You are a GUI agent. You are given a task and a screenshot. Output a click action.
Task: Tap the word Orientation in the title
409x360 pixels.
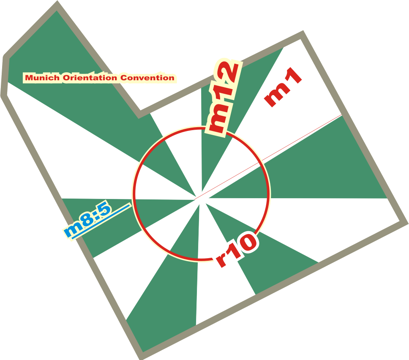[x=90, y=78]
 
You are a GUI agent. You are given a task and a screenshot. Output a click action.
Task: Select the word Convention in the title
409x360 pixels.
[x=147, y=78]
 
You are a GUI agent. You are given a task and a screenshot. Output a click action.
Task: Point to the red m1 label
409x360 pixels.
[x=283, y=87]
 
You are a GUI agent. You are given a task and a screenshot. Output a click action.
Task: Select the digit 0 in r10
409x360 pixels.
[x=246, y=243]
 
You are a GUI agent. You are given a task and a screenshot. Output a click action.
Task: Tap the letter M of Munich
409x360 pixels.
[x=29, y=78]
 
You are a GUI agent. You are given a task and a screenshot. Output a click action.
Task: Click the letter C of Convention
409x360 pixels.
[x=124, y=78]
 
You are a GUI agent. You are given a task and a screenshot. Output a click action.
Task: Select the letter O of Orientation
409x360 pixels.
[x=66, y=78]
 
